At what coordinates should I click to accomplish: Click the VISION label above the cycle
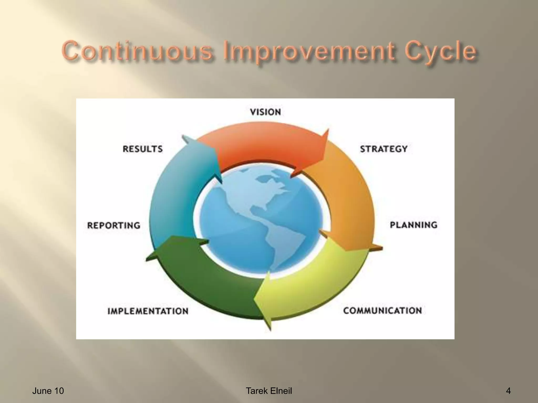[x=265, y=112]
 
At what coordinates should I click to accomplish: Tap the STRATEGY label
[x=384, y=149]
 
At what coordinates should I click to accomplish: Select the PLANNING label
[x=413, y=225]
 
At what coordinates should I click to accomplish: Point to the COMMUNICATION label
[x=382, y=311]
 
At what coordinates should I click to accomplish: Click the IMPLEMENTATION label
[x=148, y=311]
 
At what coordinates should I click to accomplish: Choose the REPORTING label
[x=114, y=225]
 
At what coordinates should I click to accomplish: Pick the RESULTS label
[x=143, y=149]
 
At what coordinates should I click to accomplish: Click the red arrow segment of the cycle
[x=263, y=144]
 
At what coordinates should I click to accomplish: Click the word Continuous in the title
[x=137, y=51]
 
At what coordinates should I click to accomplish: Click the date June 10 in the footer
[x=48, y=391]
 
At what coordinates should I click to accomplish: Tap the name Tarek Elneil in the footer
[x=269, y=391]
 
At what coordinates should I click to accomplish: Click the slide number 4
[x=508, y=391]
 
